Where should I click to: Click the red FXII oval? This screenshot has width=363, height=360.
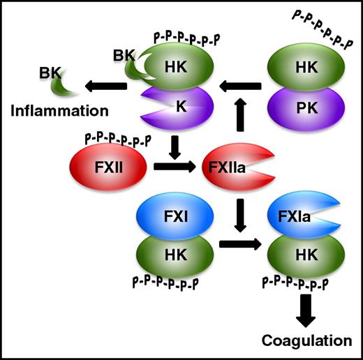[x=108, y=168]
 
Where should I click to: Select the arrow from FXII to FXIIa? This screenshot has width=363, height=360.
[x=170, y=168]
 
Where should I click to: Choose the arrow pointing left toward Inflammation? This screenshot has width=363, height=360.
[x=105, y=85]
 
